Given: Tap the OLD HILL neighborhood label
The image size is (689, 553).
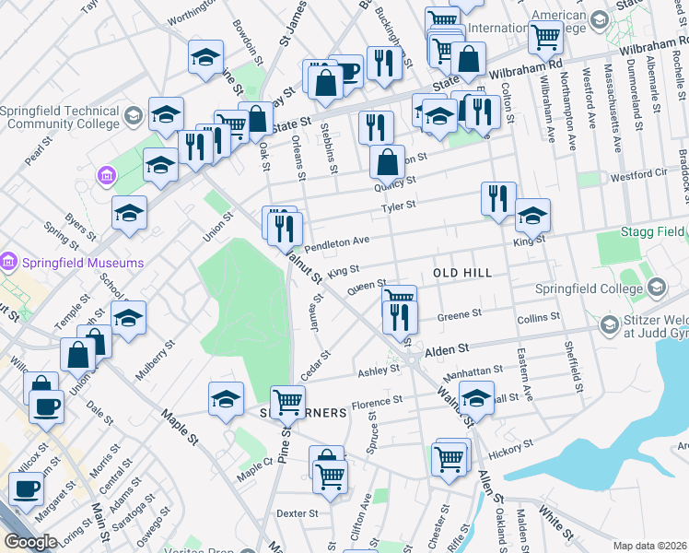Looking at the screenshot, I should pos(462,274).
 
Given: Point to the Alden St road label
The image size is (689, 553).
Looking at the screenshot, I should pos(447,350).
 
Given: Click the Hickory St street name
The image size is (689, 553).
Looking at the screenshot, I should pos(513,448).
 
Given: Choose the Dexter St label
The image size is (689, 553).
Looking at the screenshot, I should pos(297,513).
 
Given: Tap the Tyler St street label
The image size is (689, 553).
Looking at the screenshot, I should pos(400,206).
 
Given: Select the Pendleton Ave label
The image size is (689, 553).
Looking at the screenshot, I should pos(336,242).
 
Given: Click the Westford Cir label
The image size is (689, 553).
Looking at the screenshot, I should pos(636,173).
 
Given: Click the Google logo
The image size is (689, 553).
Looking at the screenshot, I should pos(29,542).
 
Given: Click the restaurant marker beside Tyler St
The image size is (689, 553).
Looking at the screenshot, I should pos(497,197).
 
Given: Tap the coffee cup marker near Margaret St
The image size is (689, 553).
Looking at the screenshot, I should pos(27,488).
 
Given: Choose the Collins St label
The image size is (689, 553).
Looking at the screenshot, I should pos(539,318).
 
